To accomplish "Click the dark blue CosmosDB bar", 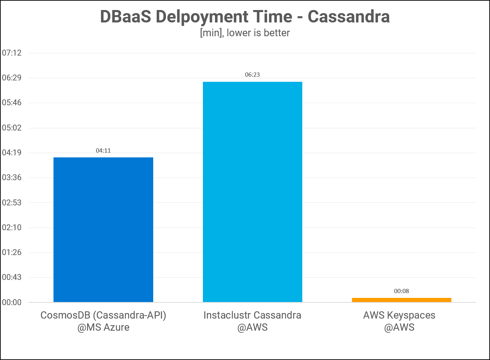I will click(x=103, y=230).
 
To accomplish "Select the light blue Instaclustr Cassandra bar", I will click(x=252, y=192).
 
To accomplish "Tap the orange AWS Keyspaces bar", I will click(x=401, y=300).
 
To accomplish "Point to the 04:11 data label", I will click(x=103, y=150).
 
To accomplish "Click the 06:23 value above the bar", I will click(x=252, y=75).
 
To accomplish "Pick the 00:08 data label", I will click(x=401, y=291).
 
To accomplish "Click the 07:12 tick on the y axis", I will click(x=12, y=53).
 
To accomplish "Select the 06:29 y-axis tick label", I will click(x=12, y=78).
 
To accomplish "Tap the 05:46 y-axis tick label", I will click(x=12, y=103).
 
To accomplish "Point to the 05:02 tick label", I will click(x=12, y=128).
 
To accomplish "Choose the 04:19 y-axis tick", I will click(x=12, y=153).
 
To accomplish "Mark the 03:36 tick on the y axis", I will click(x=12, y=178).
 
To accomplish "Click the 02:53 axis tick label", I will click(x=12, y=203).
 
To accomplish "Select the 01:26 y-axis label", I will click(x=12, y=252).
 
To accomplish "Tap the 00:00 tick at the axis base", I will click(x=12, y=302).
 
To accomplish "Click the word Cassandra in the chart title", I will click(x=349, y=17).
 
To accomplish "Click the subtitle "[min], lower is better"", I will click(x=245, y=33).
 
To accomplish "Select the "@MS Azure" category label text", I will click(x=103, y=327).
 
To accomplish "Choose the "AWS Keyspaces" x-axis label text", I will click(x=399, y=315).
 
